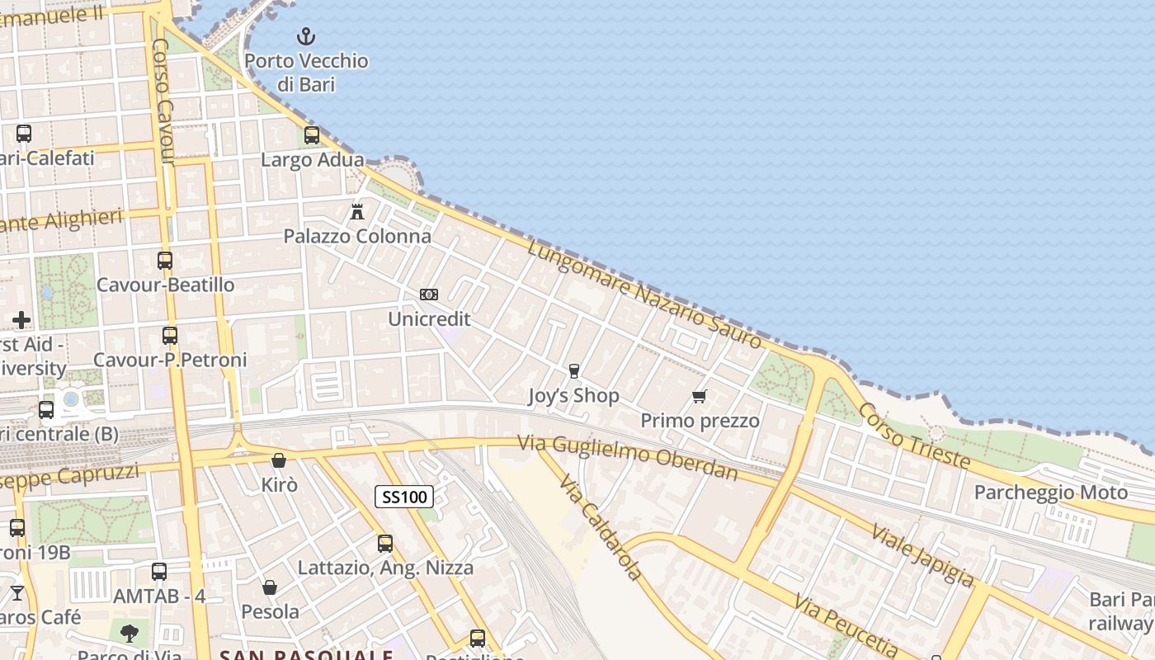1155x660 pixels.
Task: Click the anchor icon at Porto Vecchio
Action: (x=306, y=36)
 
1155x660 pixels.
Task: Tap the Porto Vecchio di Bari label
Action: (x=306, y=72)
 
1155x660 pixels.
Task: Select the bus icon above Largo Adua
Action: (x=312, y=135)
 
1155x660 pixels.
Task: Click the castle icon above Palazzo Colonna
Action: (x=357, y=212)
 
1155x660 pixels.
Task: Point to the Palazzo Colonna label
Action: (x=357, y=236)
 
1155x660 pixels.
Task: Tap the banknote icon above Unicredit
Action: (x=428, y=295)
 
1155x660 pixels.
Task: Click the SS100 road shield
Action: (x=404, y=497)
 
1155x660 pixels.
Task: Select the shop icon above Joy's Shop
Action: (x=574, y=371)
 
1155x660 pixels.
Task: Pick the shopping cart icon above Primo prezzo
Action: (x=700, y=397)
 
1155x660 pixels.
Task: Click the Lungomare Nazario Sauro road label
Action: (x=644, y=295)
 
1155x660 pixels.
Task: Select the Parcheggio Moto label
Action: (x=1050, y=493)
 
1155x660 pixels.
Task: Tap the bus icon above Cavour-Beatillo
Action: (x=165, y=261)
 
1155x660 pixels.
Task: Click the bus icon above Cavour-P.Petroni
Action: (x=170, y=336)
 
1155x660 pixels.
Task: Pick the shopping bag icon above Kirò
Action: (x=279, y=460)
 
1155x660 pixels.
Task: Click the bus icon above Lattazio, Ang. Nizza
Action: (x=385, y=544)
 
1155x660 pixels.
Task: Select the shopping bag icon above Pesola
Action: (x=270, y=587)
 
